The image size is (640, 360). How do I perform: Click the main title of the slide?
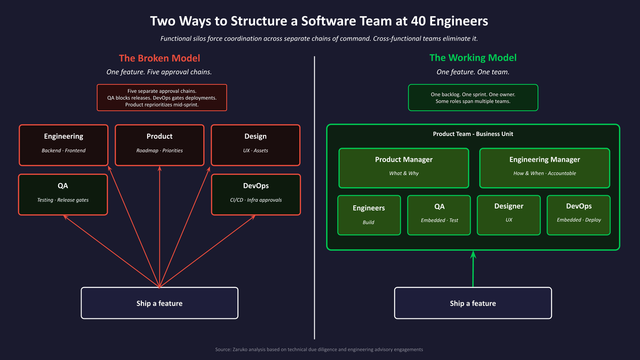click(x=319, y=21)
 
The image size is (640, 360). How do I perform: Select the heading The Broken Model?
click(x=159, y=58)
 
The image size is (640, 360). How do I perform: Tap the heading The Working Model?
click(x=473, y=58)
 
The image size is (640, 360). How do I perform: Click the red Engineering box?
click(x=63, y=145)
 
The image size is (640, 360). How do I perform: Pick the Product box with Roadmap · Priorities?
click(x=159, y=145)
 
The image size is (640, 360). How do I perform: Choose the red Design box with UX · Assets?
click(x=255, y=145)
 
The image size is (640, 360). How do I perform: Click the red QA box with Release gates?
click(x=63, y=194)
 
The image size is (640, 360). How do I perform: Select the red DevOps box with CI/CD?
click(x=255, y=194)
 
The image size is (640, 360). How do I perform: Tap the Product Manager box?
click(x=404, y=167)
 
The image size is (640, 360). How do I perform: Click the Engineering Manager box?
click(x=544, y=167)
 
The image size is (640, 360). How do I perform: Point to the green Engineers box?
click(x=369, y=215)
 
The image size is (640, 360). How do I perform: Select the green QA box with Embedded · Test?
click(x=439, y=215)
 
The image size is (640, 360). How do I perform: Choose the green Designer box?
click(x=509, y=215)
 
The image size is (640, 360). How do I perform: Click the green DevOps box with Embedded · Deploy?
click(x=579, y=215)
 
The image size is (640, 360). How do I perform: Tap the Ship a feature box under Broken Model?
click(x=159, y=303)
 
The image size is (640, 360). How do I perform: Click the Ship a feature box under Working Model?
click(x=473, y=303)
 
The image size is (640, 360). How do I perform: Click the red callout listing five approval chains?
click(x=162, y=98)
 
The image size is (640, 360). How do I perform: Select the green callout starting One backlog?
click(x=473, y=98)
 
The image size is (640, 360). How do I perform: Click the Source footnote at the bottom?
click(x=319, y=349)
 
